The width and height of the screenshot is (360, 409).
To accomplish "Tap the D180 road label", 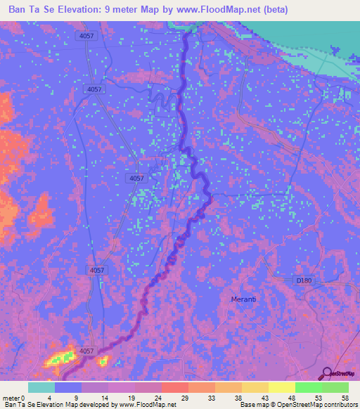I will pyautogui.click(x=303, y=280).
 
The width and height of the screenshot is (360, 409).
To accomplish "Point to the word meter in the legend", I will pyautogui.click(x=11, y=397).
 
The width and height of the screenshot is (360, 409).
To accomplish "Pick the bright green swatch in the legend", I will pyautogui.click(x=308, y=387).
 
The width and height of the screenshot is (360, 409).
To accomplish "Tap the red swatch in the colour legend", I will pyautogui.click(x=174, y=387).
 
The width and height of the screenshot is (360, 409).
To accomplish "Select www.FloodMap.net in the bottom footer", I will pyautogui.click(x=147, y=405).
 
